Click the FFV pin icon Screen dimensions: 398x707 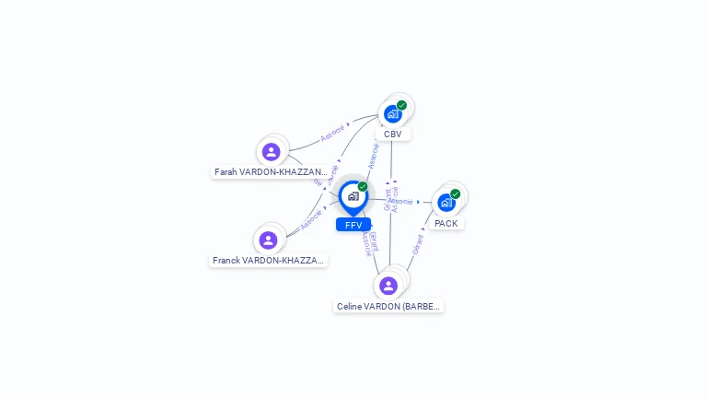[x=353, y=196]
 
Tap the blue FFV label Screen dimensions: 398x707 [x=353, y=225]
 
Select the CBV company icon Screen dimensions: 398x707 [x=393, y=113]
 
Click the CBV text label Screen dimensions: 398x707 [x=393, y=135]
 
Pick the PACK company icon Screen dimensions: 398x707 [x=446, y=202]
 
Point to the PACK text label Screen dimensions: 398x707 [x=446, y=224]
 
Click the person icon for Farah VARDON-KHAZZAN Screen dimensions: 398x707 [x=271, y=151]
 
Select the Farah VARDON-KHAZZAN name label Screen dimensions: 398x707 [x=271, y=172]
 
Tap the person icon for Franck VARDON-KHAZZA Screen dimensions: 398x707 [x=268, y=240]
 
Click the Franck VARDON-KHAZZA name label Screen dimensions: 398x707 [x=268, y=261]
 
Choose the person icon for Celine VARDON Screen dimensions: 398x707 [x=388, y=286]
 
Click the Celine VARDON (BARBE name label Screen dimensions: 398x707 [x=388, y=307]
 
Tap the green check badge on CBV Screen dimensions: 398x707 [x=402, y=105]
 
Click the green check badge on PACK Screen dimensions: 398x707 [x=455, y=193]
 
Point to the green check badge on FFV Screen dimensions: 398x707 [x=363, y=186]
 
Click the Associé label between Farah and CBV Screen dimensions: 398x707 [x=333, y=133]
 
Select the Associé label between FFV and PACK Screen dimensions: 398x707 [x=400, y=201]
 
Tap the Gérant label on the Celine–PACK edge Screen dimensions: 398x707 [x=418, y=244]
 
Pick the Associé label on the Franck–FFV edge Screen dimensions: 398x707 [x=311, y=219]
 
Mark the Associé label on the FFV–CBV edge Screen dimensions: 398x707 [x=374, y=155]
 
